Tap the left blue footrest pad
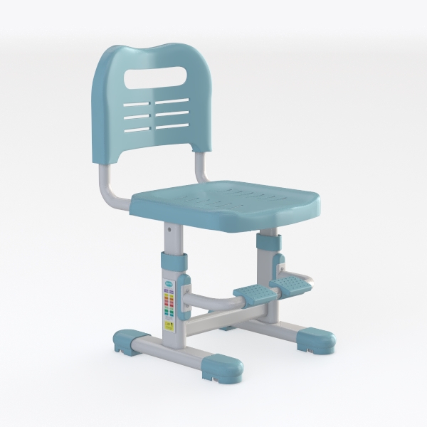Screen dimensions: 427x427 (x=250, y=292)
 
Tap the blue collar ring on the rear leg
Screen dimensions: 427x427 (x=269, y=242)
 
